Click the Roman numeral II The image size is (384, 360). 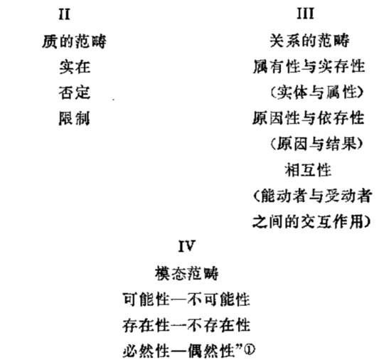(65, 14)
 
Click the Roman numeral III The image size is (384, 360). (305, 14)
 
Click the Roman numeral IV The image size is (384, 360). (187, 246)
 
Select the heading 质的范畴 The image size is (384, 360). (74, 41)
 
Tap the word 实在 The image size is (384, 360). (75, 67)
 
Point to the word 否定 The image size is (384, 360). (75, 92)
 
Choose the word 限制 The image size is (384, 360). (74, 119)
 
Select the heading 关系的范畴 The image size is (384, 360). (309, 41)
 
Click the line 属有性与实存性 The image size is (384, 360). (309, 66)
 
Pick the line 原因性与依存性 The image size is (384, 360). (309, 118)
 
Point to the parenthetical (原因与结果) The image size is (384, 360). (316, 144)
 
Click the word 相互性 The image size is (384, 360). (308, 170)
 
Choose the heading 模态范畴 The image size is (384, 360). (187, 273)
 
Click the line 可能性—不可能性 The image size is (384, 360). (186, 300)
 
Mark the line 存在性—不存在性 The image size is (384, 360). (186, 325)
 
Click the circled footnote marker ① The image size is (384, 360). (250, 349)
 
